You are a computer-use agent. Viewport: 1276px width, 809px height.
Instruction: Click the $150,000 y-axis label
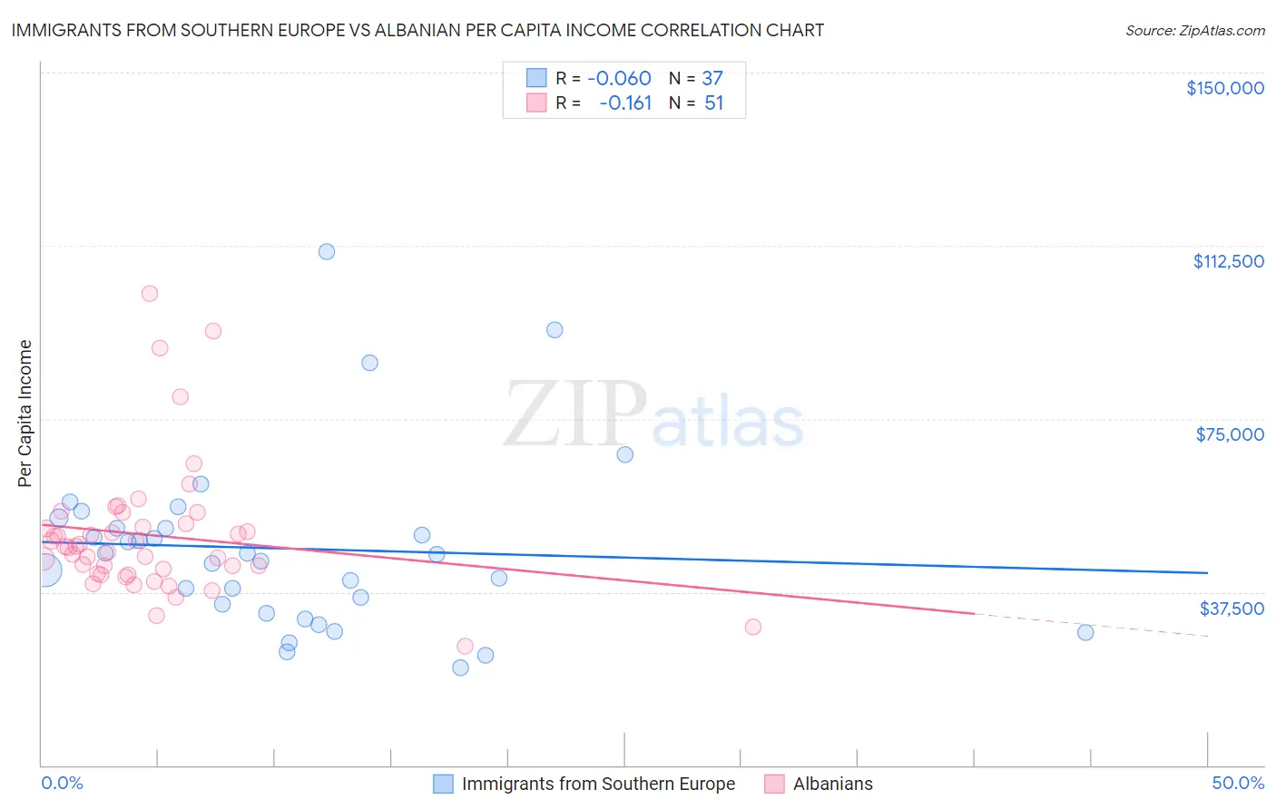tap(1224, 88)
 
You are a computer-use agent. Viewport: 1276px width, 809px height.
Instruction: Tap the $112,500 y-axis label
tap(1228, 261)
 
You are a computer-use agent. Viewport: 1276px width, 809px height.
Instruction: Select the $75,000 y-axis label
tap(1230, 434)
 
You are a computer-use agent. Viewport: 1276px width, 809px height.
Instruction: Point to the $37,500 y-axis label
tap(1232, 608)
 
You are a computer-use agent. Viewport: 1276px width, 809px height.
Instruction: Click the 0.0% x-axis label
tap(62, 784)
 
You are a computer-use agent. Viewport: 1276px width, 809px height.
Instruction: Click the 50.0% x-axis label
tap(1238, 784)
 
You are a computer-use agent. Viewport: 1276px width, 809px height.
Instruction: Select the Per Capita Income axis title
tap(25, 414)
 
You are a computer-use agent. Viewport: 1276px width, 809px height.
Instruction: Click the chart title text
tap(417, 30)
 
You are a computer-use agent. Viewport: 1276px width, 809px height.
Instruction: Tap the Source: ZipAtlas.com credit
tap(1194, 31)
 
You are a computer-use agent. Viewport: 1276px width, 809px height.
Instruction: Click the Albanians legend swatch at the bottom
tap(774, 785)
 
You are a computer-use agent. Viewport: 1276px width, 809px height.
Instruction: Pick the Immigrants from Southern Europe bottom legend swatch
tap(443, 785)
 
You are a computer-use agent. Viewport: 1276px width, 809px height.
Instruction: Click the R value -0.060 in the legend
tap(619, 79)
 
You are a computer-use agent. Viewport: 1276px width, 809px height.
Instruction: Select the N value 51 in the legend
tap(714, 103)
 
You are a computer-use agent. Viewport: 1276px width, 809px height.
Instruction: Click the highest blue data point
tap(327, 252)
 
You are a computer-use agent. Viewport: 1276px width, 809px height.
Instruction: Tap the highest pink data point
tap(150, 294)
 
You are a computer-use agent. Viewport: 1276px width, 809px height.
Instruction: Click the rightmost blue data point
tap(1085, 633)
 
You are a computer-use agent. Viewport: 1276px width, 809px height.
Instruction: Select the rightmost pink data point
tap(752, 627)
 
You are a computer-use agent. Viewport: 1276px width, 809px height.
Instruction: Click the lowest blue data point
tap(460, 668)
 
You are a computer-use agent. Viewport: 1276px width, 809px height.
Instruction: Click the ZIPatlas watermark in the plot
tap(653, 416)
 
